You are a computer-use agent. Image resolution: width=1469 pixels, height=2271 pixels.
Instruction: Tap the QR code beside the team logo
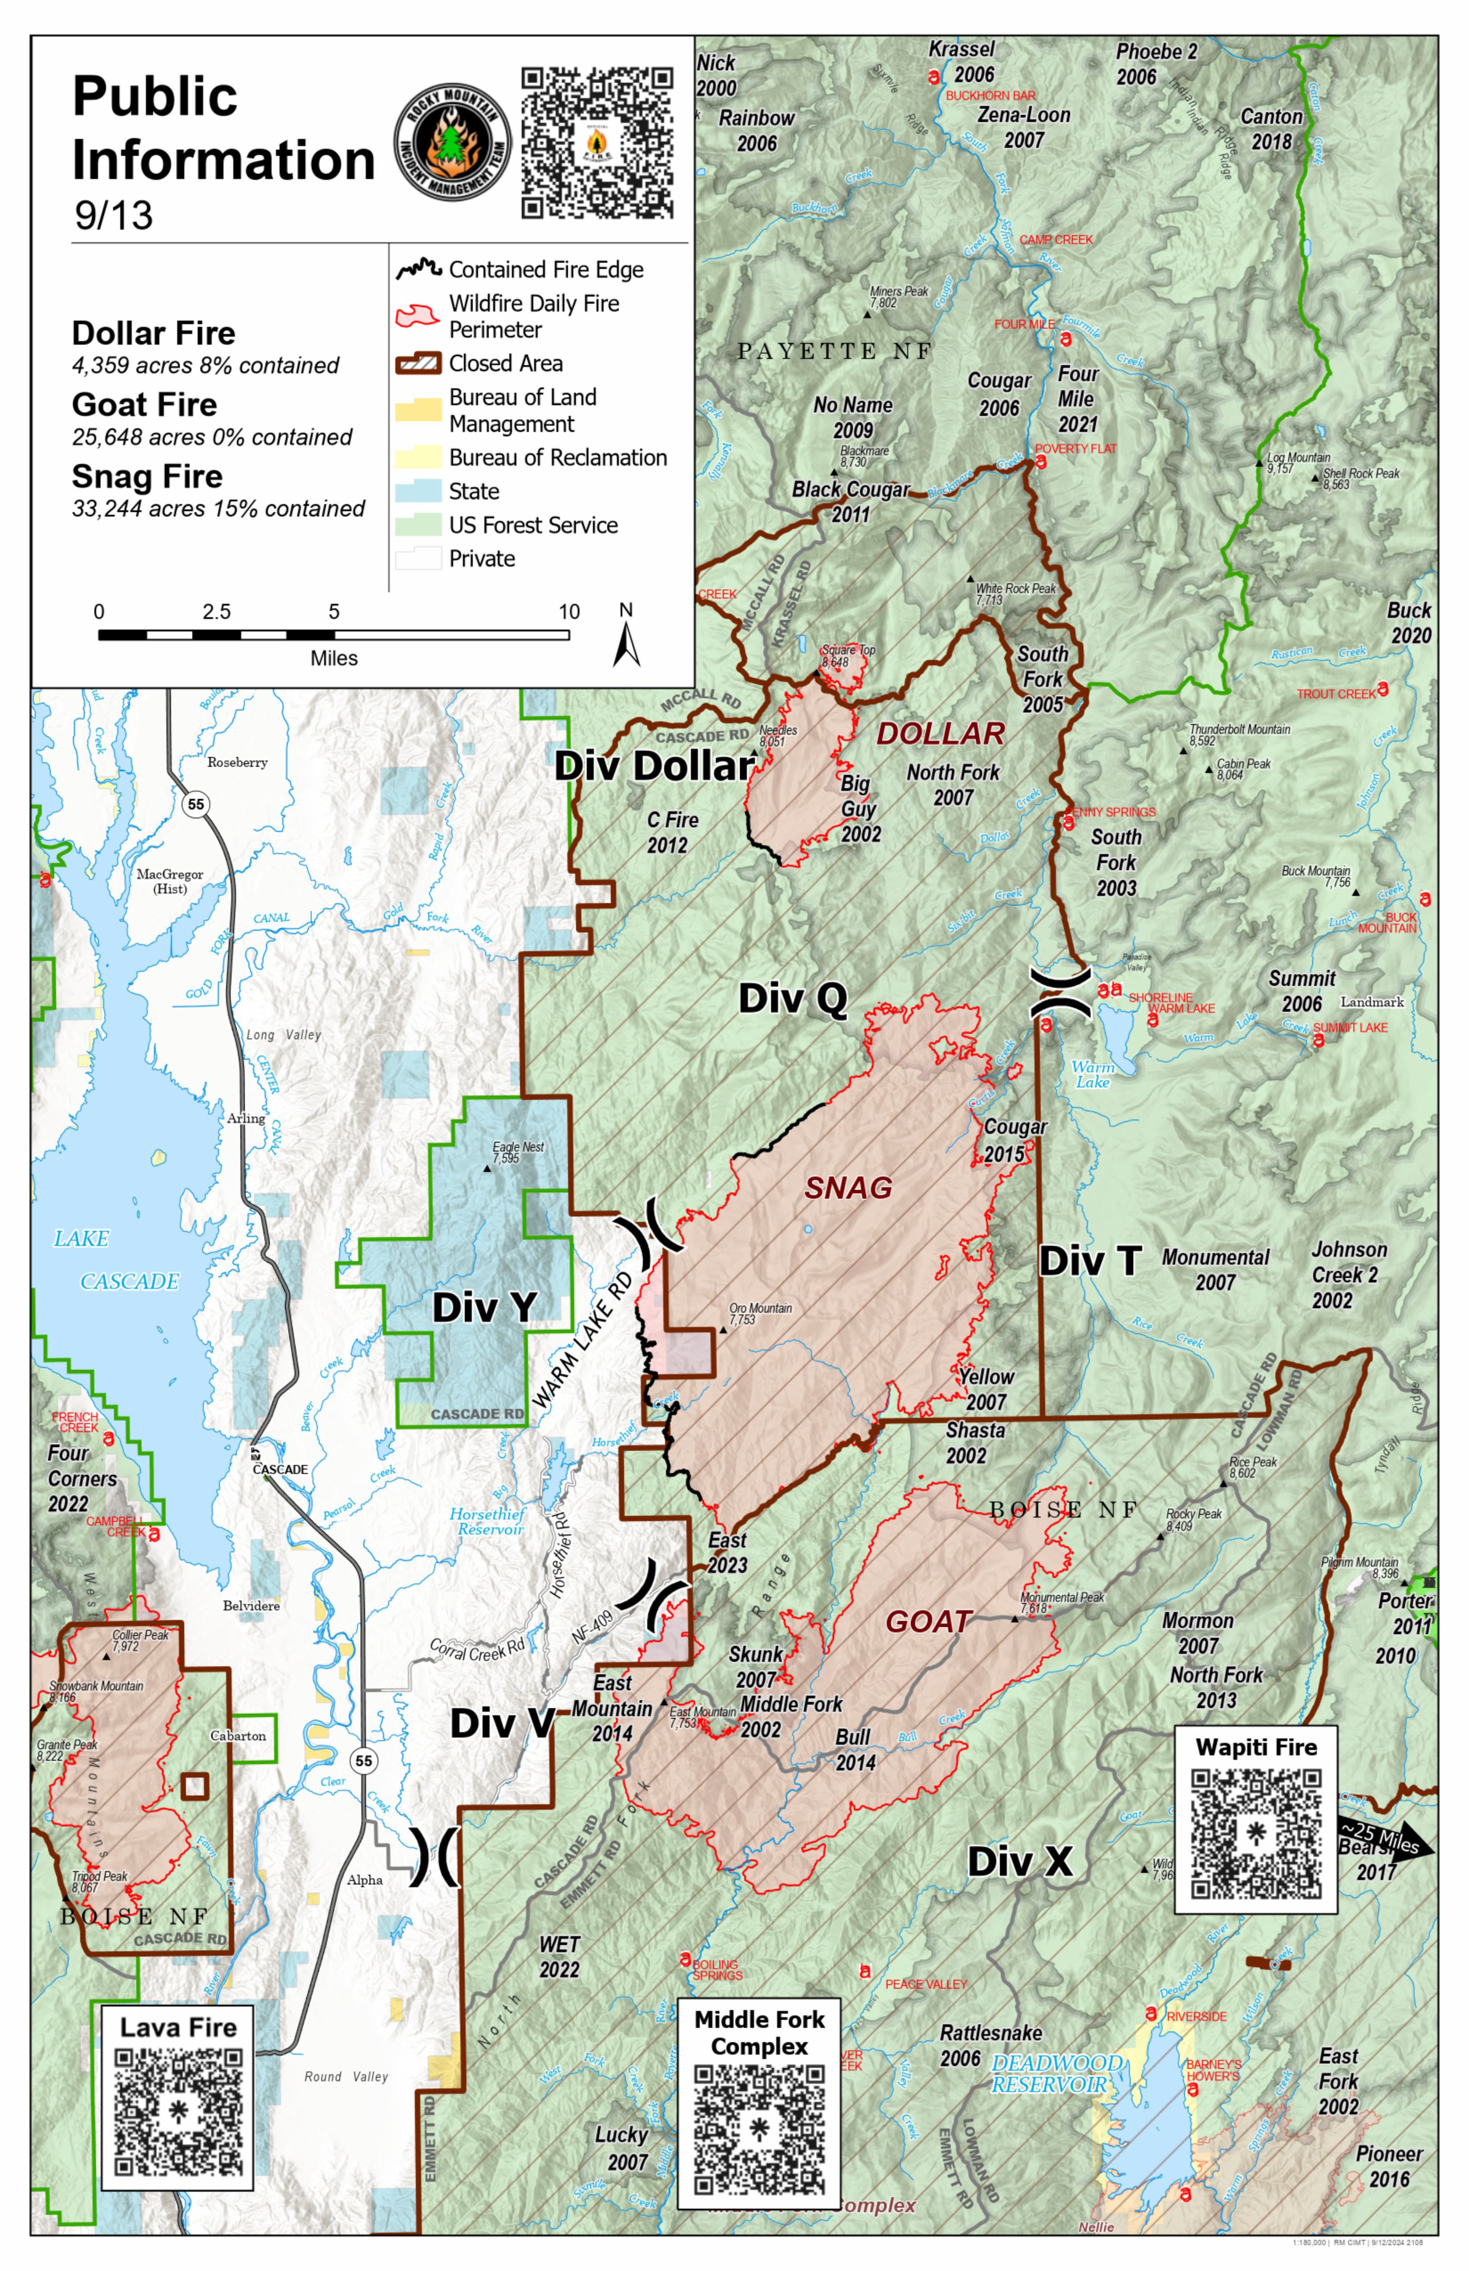[597, 143]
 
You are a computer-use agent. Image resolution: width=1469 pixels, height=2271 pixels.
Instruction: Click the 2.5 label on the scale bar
[216, 612]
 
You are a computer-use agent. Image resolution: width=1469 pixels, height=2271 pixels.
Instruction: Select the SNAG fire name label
[848, 1188]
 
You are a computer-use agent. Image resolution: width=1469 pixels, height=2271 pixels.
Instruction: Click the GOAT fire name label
[928, 1622]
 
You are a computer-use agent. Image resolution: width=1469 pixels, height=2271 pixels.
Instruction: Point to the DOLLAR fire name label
[941, 734]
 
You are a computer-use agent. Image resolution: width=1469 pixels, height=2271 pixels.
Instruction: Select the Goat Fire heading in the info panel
[145, 405]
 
